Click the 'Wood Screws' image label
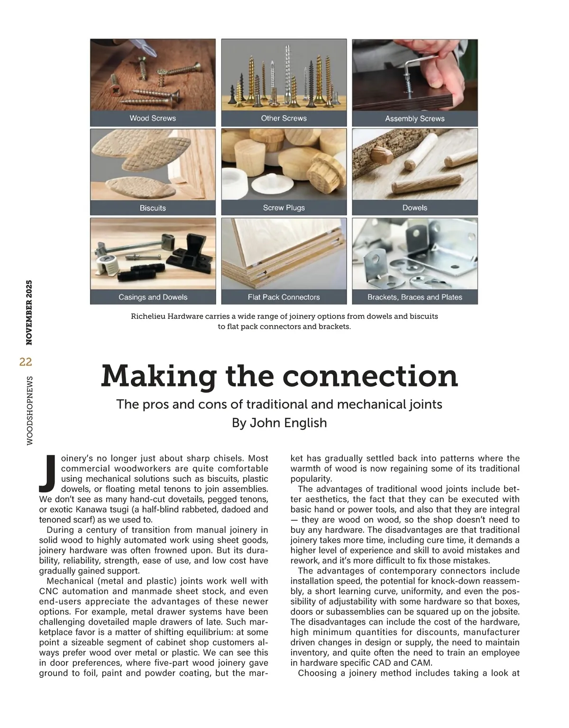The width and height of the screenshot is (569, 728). coord(153,119)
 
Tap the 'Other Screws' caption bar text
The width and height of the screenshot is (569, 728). coord(284,119)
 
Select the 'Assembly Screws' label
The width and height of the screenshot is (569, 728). coord(414,119)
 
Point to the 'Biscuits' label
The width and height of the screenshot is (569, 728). coord(153,208)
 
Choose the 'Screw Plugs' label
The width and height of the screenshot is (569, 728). coord(284,208)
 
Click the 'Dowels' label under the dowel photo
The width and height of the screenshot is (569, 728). coord(414,208)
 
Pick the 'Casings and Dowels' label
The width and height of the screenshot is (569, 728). coord(153,297)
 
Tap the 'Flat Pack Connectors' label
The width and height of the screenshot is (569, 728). coord(284,297)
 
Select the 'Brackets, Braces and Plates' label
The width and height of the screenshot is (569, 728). coord(414,297)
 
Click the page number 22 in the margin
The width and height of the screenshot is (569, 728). coord(26,362)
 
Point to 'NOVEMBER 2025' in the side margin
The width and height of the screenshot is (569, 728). coord(29,313)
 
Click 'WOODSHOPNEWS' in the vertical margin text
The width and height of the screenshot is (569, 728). coord(29,411)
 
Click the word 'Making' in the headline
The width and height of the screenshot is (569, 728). coord(159,376)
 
